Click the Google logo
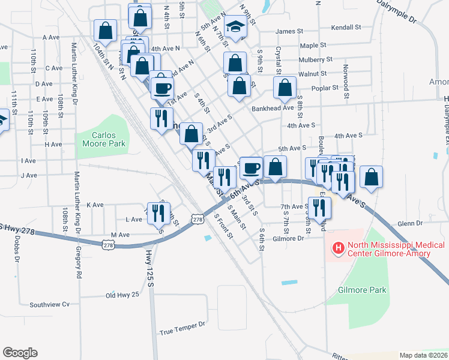[20, 352]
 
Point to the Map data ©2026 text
[424, 355]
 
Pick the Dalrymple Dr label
[397, 11]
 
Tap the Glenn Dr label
[410, 223]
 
